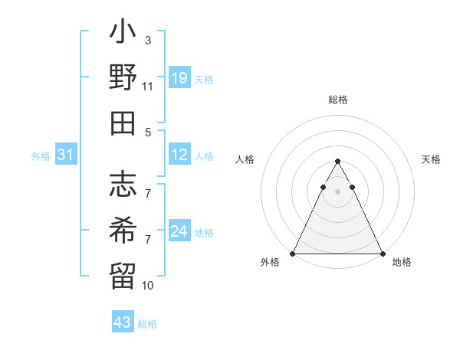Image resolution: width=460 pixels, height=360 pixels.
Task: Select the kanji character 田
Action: pos(123,123)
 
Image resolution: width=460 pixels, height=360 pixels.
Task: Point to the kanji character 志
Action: pos(123,184)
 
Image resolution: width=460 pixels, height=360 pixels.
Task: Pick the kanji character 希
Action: pos(123,228)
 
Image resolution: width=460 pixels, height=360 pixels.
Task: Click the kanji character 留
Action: pos(123,273)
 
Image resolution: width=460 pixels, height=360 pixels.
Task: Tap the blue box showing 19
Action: pos(179,78)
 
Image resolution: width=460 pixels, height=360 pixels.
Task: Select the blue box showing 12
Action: pos(179,155)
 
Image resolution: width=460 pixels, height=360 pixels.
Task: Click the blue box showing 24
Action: pos(179,231)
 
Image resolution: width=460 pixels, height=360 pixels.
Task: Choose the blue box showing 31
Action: pos(66,155)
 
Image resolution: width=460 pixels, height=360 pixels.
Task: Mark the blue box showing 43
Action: pos(122,322)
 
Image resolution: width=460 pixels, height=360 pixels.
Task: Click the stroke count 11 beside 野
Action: pos(148,87)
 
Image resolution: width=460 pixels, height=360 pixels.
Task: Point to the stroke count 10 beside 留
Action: pos(148,286)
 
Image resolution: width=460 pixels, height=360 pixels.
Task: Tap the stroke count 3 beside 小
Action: pos(148,41)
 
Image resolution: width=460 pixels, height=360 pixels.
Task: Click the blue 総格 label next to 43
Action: pos(147,324)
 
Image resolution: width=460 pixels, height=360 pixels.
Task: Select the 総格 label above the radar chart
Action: pos(338,100)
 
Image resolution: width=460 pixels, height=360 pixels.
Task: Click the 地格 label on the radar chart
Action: pos(402,262)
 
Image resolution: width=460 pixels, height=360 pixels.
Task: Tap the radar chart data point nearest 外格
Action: pos(293,254)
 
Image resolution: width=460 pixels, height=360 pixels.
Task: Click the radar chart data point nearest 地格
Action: pos(382,254)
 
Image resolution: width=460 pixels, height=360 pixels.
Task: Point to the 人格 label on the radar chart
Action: pos(245,159)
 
